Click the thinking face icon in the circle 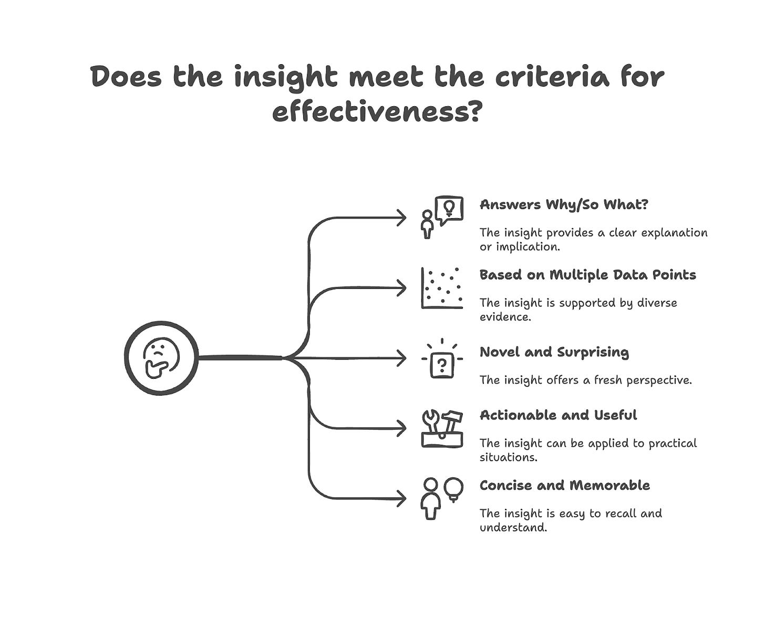(161, 358)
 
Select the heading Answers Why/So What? (564, 204)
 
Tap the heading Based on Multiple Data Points (587, 275)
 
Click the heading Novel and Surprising (554, 352)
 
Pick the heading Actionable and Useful (558, 415)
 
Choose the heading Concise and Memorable (564, 485)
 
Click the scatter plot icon (442, 288)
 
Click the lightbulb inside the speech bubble (449, 207)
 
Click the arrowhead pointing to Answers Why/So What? (401, 218)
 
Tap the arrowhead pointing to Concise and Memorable (401, 498)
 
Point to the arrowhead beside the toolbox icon (401, 428)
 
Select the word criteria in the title (552, 77)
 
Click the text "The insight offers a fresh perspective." (585, 380)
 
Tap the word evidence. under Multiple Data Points (505, 317)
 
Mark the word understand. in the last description (513, 528)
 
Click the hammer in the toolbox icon (451, 420)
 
